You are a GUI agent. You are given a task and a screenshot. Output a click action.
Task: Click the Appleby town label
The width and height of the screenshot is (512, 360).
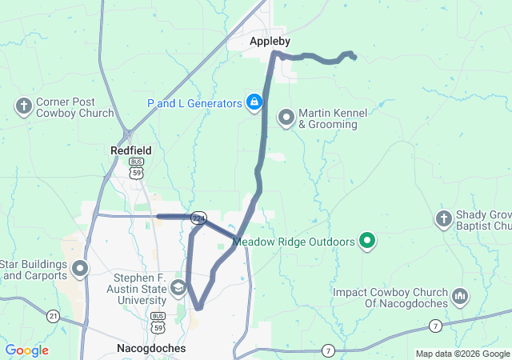point(270,41)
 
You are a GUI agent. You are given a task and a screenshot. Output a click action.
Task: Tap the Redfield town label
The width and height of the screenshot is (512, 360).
point(130,150)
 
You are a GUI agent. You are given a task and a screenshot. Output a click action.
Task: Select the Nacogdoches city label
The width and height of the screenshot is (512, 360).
point(151,349)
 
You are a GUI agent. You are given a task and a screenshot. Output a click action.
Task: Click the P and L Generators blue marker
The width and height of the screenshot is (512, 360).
point(254,102)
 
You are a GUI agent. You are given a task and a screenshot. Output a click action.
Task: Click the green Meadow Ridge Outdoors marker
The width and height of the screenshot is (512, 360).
point(367,239)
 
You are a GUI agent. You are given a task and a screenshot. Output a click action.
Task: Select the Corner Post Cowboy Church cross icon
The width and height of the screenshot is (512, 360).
point(24,106)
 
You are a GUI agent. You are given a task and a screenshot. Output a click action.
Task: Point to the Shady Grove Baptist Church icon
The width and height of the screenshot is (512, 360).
point(444,218)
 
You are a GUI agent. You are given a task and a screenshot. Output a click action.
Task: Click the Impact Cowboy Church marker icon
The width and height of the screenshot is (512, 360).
point(460,297)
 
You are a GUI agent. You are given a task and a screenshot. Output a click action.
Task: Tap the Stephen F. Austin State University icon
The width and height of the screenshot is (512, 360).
point(178,286)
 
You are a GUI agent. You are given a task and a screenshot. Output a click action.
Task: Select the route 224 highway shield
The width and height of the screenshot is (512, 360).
point(198,217)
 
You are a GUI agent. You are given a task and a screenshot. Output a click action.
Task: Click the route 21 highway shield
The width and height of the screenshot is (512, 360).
point(53,315)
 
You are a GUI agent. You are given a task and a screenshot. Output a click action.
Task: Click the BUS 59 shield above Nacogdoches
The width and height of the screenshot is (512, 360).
point(158,320)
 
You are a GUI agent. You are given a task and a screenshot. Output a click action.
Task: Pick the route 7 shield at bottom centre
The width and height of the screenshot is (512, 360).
point(328,350)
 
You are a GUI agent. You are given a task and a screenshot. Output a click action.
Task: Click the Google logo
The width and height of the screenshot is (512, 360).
point(26,350)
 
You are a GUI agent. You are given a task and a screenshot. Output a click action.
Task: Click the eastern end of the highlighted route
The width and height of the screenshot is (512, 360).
point(354,56)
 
